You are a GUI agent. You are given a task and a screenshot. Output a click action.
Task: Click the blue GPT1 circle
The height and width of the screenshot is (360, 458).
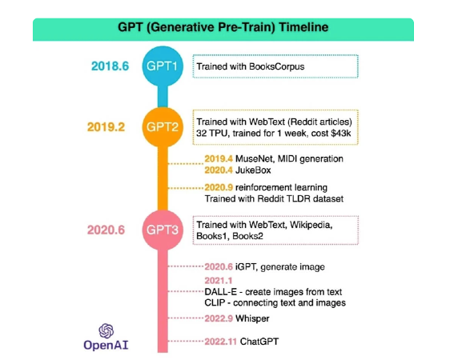163,66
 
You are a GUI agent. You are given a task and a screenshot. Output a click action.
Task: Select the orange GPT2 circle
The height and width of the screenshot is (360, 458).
163,127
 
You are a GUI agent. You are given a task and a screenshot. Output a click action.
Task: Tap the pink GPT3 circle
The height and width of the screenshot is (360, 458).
163,230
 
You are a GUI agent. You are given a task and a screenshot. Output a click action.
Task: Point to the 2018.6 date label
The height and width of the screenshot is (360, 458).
110,66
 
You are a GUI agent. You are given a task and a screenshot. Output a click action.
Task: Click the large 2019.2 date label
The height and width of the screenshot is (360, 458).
106,127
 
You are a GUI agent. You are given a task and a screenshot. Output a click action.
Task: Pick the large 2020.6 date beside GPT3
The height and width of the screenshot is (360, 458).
106,230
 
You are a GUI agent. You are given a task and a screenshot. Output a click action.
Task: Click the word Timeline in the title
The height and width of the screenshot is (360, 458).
303,27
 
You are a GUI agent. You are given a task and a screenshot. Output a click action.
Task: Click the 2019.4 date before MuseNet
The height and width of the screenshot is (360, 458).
219,158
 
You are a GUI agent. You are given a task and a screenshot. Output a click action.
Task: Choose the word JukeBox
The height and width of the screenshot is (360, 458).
253,170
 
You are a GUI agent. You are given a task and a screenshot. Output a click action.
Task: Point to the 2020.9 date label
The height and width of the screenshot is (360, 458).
219,187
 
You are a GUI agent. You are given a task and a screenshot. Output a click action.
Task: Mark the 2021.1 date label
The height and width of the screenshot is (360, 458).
219,281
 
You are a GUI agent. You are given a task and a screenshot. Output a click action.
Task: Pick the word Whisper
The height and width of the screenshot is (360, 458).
252,318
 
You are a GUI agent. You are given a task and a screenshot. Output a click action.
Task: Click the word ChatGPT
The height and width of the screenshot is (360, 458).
259,342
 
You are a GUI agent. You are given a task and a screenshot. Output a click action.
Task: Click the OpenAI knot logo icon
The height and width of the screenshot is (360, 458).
106,331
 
